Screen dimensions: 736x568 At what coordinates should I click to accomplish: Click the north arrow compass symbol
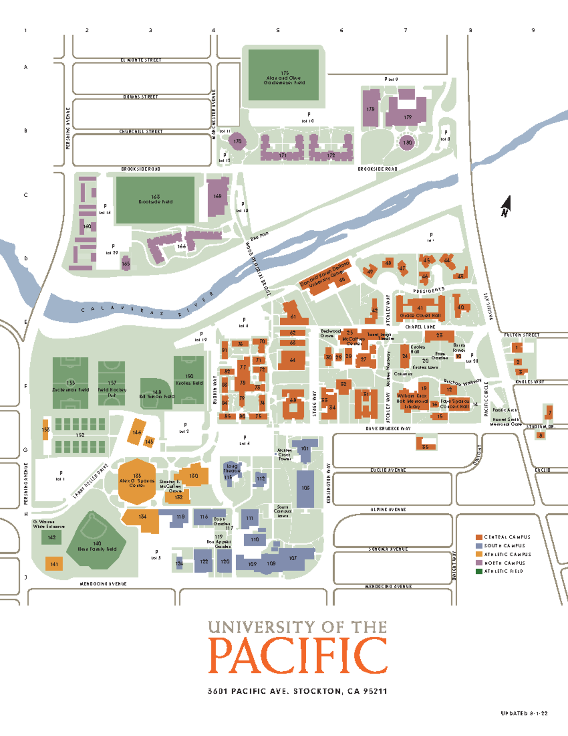(x=506, y=206)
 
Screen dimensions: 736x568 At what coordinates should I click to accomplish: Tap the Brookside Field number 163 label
(x=155, y=197)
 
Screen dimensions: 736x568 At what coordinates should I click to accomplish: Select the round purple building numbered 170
(x=237, y=141)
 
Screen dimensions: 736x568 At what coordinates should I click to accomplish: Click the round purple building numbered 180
(x=407, y=142)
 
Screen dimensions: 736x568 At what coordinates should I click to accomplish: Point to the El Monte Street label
(x=141, y=60)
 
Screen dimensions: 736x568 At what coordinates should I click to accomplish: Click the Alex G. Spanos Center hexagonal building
(x=137, y=481)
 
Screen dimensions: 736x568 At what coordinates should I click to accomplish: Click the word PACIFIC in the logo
(x=297, y=656)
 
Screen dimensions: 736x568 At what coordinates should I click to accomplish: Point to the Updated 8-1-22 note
(x=524, y=713)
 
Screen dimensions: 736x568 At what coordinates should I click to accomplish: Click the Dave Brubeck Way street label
(x=388, y=428)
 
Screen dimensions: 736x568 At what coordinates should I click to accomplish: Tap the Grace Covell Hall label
(x=420, y=316)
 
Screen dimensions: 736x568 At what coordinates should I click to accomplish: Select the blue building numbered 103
(x=305, y=488)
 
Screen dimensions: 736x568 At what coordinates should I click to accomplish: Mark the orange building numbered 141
(x=54, y=564)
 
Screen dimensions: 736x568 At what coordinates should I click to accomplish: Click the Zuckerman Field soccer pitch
(x=71, y=384)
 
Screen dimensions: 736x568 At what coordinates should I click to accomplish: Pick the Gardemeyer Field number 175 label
(x=284, y=73)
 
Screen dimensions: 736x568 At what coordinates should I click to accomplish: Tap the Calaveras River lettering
(x=147, y=310)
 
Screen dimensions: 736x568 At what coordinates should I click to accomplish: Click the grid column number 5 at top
(x=278, y=30)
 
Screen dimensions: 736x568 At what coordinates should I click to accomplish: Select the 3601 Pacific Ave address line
(x=297, y=691)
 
